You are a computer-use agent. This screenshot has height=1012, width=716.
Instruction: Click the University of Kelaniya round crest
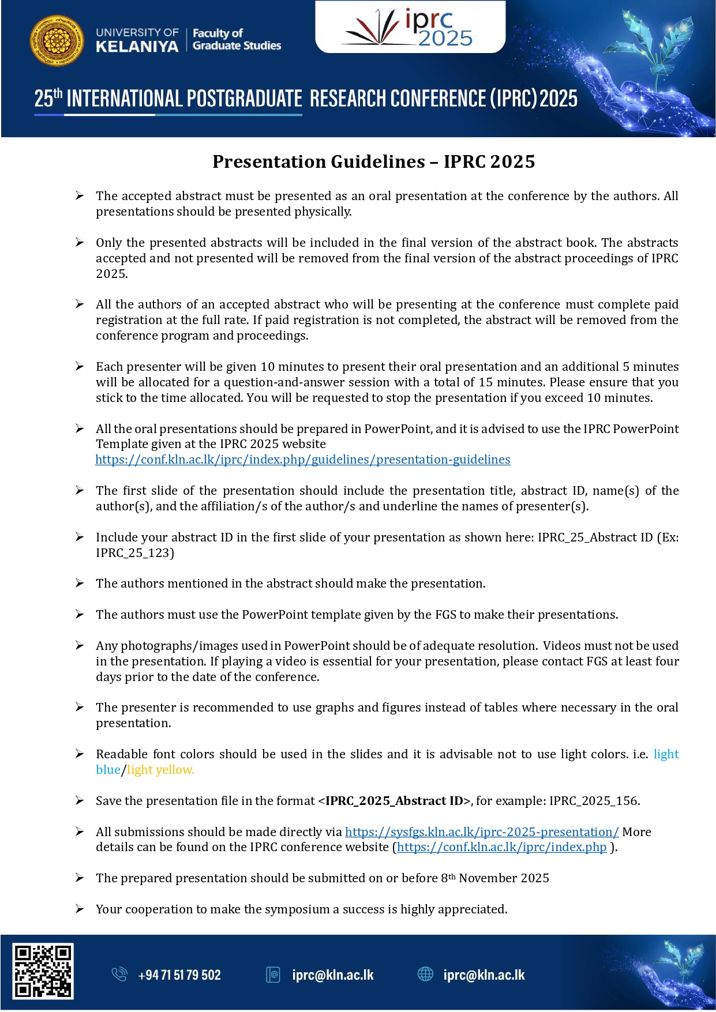(56, 40)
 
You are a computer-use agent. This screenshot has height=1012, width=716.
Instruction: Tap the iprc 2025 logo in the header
(410, 28)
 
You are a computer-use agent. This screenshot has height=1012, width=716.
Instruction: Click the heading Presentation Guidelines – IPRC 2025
(373, 161)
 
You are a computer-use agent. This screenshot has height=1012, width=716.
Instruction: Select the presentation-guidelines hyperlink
(303, 460)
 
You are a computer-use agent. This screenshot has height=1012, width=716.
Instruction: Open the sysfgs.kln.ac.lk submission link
(482, 832)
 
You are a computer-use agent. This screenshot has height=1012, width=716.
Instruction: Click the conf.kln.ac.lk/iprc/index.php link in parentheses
(502, 847)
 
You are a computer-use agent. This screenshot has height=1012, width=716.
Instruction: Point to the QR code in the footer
(43, 971)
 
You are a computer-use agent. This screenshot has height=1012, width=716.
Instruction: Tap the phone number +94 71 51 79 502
(179, 975)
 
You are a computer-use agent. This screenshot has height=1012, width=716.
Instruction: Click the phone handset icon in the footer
(119, 975)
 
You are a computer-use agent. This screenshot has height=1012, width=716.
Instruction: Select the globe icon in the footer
(425, 974)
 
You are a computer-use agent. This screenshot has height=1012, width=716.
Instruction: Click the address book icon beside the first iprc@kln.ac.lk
(273, 975)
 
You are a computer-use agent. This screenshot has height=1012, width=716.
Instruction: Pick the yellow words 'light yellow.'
(160, 770)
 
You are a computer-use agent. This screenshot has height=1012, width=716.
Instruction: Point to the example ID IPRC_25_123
(135, 553)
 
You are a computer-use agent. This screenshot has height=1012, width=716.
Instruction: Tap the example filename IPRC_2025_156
(594, 801)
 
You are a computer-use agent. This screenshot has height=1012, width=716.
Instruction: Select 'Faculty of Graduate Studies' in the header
(237, 39)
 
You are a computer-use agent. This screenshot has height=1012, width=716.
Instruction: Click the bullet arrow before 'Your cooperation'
(80, 909)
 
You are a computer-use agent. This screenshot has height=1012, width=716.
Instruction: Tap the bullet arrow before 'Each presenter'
(80, 366)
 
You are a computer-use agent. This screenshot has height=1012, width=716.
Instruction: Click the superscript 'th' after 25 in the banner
(58, 92)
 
